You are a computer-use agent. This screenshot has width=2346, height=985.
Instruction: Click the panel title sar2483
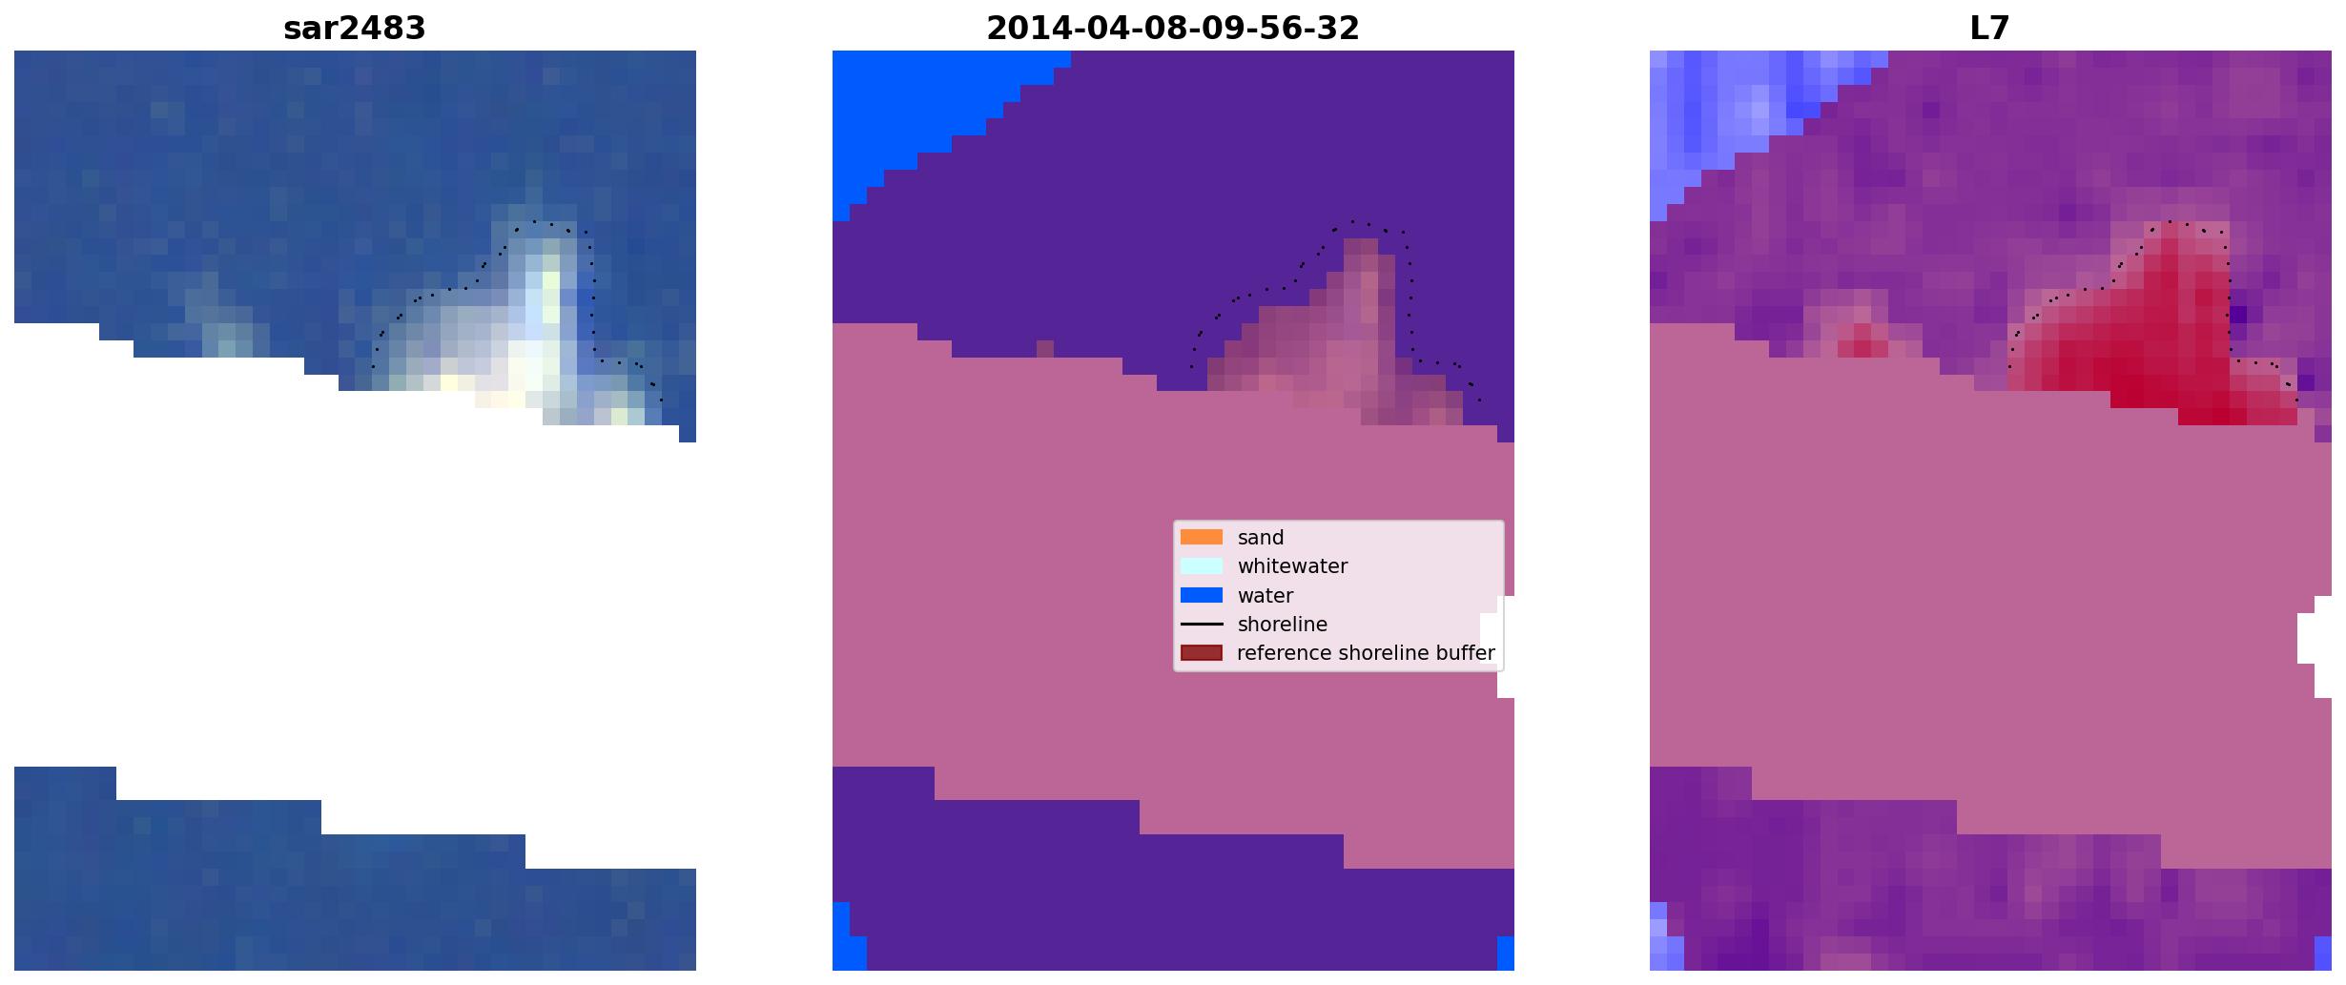[355, 29]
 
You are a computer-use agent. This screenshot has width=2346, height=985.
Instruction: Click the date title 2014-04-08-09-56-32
[1173, 29]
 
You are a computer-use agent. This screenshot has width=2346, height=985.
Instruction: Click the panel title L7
[1990, 29]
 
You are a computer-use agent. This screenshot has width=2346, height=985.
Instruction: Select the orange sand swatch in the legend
[1202, 537]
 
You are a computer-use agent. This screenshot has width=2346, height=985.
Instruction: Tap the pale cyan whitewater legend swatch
[1202, 565]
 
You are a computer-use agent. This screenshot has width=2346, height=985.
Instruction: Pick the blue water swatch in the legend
[1202, 595]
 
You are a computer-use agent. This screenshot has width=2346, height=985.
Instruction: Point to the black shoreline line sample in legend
[1202, 625]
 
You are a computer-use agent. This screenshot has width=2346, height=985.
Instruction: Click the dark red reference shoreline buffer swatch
[1202, 653]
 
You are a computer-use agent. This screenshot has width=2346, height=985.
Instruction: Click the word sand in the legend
[1261, 538]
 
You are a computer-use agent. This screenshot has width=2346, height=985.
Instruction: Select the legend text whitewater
[1292, 566]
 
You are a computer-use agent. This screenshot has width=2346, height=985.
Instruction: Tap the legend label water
[1266, 596]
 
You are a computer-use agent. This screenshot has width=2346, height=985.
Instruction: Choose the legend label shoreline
[1283, 625]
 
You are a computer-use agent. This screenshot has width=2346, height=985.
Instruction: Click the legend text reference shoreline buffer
[1366, 653]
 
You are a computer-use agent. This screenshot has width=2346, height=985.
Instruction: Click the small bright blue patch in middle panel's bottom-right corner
[1506, 954]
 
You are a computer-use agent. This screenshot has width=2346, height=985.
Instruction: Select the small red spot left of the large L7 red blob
[1862, 339]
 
